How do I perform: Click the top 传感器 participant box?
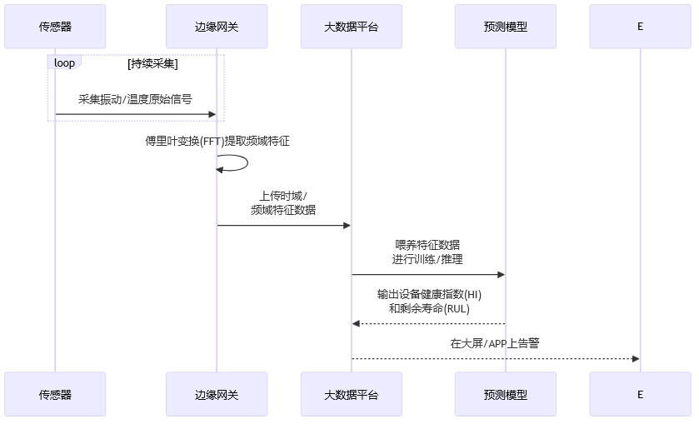pyautogui.click(x=55, y=26)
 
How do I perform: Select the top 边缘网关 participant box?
pyautogui.click(x=217, y=26)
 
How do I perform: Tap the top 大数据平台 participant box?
pyautogui.click(x=351, y=26)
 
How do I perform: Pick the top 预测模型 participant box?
pyautogui.click(x=505, y=26)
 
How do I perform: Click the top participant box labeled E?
pyautogui.click(x=640, y=26)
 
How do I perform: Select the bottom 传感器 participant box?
pyautogui.click(x=55, y=394)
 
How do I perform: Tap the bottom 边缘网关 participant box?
pyautogui.click(x=217, y=394)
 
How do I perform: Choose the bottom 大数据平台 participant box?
pyautogui.click(x=351, y=394)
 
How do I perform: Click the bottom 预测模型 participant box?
pyautogui.click(x=505, y=394)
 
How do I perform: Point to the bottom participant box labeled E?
pyautogui.click(x=640, y=394)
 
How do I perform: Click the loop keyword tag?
pyautogui.click(x=64, y=63)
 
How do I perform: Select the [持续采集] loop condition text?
pyautogui.click(x=152, y=63)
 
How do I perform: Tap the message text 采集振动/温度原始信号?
pyautogui.click(x=135, y=99)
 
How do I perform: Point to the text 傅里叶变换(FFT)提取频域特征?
pyautogui.click(x=217, y=142)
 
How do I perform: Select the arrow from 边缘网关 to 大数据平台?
pyautogui.click(x=283, y=225)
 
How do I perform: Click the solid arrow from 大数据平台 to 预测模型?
pyautogui.click(x=427, y=274)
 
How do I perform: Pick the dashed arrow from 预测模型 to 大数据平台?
pyautogui.click(x=427, y=323)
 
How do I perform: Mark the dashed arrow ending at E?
pyautogui.click(x=495, y=359)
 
